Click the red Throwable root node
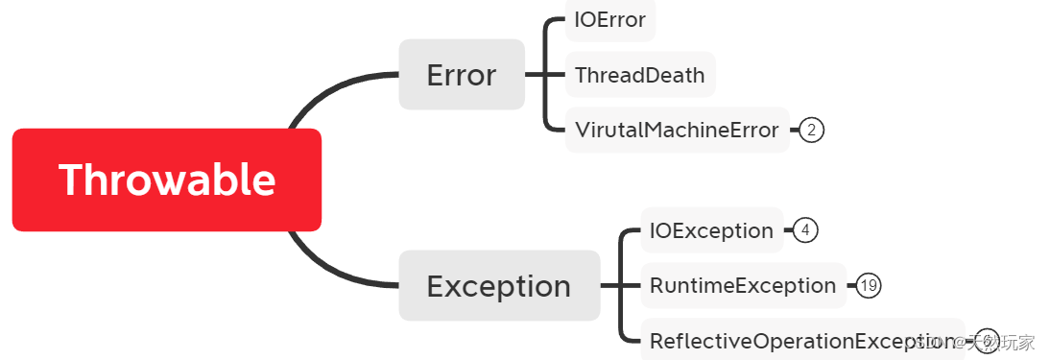(166, 180)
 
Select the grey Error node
(462, 75)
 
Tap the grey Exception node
(499, 286)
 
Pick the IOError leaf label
(609, 20)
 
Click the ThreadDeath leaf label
(640, 75)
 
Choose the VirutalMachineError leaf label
(677, 130)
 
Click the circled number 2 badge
(811, 130)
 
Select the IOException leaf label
(711, 230)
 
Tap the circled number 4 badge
(806, 230)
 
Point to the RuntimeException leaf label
(743, 285)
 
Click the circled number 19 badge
(869, 285)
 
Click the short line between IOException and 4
(789, 230)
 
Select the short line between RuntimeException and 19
(851, 285)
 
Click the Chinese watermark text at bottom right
(1002, 342)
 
